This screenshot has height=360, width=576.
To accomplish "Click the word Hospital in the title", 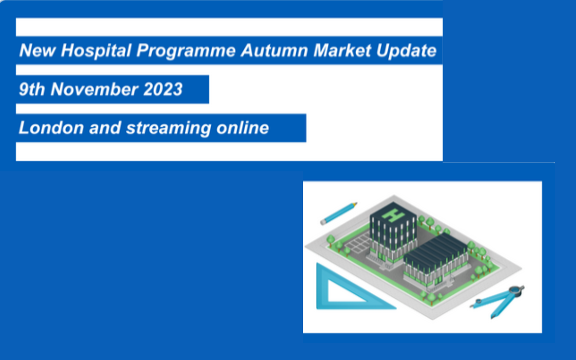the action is point(96,50).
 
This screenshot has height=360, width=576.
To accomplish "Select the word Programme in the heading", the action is point(186,51).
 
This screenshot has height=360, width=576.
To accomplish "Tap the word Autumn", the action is point(275,50).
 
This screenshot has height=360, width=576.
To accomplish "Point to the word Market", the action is point(342,50).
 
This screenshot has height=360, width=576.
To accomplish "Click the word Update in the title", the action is point(407,51).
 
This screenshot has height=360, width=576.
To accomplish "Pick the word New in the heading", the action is point(37,50).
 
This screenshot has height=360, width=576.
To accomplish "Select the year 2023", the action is point(163,89).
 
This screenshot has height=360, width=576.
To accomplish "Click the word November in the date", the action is point(95,89).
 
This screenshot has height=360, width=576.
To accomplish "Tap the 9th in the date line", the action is point(32,89).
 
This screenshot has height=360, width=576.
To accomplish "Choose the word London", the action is point(51,128).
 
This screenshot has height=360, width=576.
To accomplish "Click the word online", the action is point(243,128).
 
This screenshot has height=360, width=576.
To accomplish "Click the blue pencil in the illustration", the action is point(338,214).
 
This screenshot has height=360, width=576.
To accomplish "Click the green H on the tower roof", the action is point(393,215).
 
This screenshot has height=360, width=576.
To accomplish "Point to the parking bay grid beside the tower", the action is point(358,242).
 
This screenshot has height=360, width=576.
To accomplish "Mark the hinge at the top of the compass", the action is point(516,290).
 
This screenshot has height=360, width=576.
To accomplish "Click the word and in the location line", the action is point(105,128).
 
